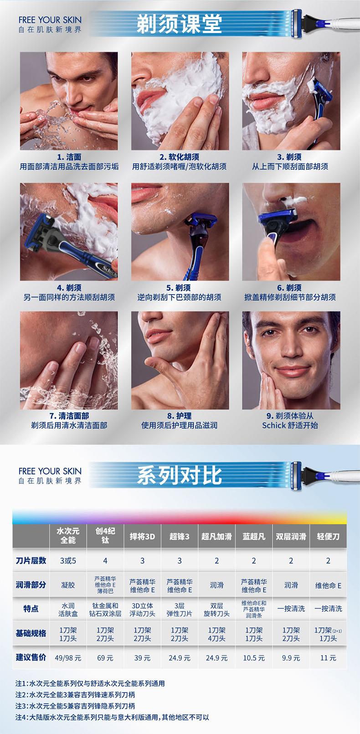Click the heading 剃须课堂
[179, 24]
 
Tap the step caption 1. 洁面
[69, 157]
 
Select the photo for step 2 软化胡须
[180, 101]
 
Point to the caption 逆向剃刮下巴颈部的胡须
[180, 297]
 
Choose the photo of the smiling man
[291, 360]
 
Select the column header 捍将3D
[143, 537]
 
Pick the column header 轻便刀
[328, 537]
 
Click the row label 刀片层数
[31, 561]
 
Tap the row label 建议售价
[31, 657]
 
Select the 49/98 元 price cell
[68, 658]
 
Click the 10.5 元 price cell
[254, 658]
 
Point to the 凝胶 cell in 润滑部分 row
[68, 585]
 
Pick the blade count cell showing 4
[105, 561]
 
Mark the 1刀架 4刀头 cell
[216, 634]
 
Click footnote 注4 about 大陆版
[112, 717]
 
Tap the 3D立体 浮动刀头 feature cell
[143, 610]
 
